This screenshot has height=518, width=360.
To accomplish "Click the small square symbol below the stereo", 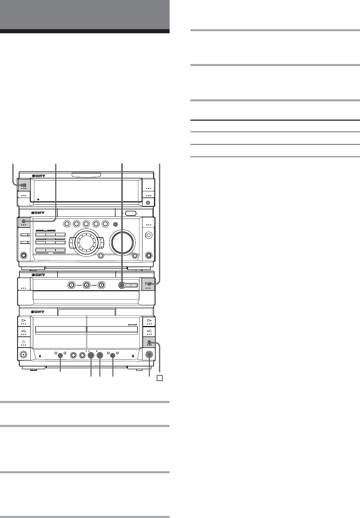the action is point(160,377).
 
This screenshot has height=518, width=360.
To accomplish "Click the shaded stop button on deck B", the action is point(149,343).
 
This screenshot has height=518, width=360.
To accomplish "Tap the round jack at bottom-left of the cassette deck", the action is point(23,355).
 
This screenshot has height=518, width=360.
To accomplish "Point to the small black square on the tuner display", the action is point(37,199).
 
